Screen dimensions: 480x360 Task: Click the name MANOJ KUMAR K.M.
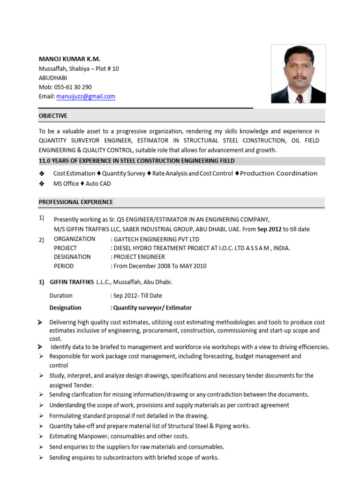[69, 59]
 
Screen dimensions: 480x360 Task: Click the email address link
[86, 97]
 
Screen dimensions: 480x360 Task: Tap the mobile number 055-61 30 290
[72, 87]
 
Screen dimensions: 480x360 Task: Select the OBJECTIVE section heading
[53, 116]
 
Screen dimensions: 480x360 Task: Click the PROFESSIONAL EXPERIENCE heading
[75, 202]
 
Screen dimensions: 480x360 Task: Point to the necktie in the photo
[299, 98]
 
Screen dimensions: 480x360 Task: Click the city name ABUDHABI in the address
[53, 78]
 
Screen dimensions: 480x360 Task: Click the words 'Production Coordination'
[278, 173]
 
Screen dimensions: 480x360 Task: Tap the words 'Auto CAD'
[98, 184]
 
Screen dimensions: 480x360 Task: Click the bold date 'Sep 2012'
[269, 229]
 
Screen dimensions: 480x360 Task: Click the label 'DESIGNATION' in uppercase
[72, 257]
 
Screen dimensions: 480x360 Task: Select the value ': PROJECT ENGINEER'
[138, 257]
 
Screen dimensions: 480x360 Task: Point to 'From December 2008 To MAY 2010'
[160, 266]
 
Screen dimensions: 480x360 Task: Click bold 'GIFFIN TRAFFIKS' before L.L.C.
[72, 282]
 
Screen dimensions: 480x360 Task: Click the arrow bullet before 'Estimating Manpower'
[42, 436]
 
